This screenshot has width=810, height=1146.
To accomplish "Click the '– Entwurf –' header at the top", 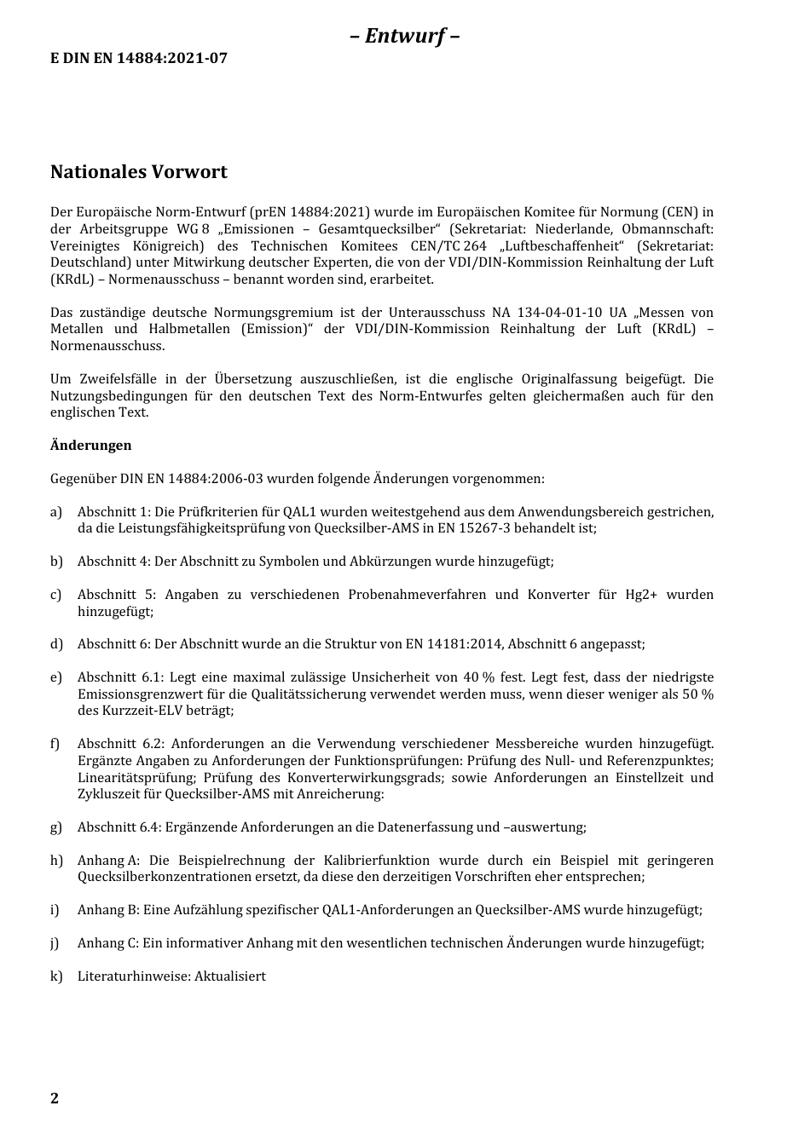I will coord(405,36).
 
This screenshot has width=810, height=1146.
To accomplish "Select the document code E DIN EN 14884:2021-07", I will coord(138,59).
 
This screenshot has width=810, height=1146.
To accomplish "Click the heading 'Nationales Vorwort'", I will coord(138,172).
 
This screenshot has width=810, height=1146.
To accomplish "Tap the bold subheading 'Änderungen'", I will coord(90,446).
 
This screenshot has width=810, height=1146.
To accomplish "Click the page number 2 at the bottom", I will coord(55,1097).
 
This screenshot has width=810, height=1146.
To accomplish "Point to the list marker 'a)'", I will coord(56,512).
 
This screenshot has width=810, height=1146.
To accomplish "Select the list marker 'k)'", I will coord(56,976).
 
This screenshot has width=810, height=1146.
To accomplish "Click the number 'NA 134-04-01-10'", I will coord(541,313).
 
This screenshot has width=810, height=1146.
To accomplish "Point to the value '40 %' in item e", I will coord(479,677).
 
